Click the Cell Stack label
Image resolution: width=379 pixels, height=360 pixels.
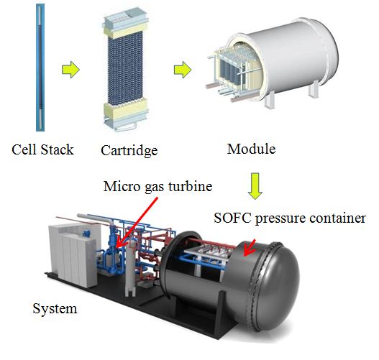pyautogui.click(x=42, y=149)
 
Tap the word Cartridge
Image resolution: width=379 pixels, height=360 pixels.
pyautogui.click(x=129, y=151)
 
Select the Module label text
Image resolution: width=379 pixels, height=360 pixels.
pyautogui.click(x=252, y=149)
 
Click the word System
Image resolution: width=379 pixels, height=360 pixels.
pyautogui.click(x=55, y=309)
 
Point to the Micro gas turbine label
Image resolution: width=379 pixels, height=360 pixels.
pyautogui.click(x=157, y=187)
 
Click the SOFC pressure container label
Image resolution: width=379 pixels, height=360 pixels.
pyautogui.click(x=290, y=218)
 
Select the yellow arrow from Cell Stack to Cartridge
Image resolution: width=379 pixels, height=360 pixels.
pyautogui.click(x=70, y=70)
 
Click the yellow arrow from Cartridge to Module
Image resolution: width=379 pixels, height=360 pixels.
pyautogui.click(x=183, y=70)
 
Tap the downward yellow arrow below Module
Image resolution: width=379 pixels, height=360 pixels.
pyautogui.click(x=255, y=186)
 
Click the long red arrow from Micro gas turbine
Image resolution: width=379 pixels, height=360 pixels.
pyautogui.click(x=137, y=223)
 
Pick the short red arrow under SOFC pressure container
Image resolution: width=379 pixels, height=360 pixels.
pyautogui.click(x=250, y=248)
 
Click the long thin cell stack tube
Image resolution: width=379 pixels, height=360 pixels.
pyautogui.click(x=40, y=68)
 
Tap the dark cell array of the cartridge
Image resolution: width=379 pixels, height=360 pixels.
pyautogui.click(x=125, y=69)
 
